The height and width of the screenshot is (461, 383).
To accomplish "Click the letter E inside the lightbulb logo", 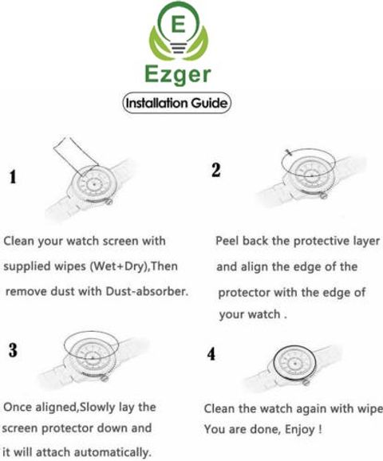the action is click(178, 24).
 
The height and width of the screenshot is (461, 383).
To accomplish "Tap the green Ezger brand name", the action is click(178, 75).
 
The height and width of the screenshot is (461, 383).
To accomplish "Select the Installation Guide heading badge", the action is click(177, 103).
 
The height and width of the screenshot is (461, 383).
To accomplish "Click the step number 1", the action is click(12, 177).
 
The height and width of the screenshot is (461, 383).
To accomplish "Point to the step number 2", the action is click(215, 170).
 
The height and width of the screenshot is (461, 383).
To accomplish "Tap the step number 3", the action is click(13, 350).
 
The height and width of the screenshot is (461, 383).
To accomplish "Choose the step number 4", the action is click(211, 353).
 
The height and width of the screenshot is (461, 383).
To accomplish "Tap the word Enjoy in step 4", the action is click(300, 430).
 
